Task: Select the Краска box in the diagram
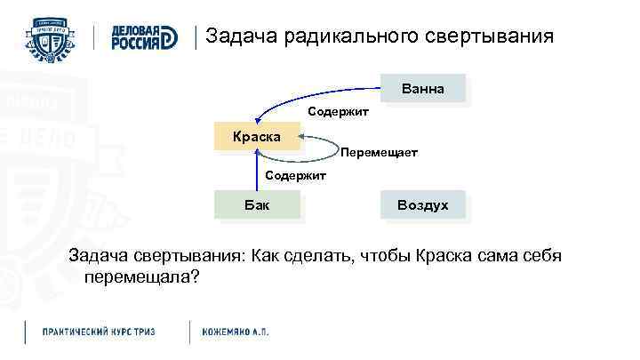point(257,137)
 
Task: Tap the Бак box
point(257,205)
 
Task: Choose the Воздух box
point(423,205)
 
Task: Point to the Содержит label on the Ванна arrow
point(338,112)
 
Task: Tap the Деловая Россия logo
point(142,37)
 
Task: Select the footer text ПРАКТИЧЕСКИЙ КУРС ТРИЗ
point(99,332)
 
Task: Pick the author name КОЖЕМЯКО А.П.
point(235,332)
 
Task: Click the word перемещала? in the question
point(142,277)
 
